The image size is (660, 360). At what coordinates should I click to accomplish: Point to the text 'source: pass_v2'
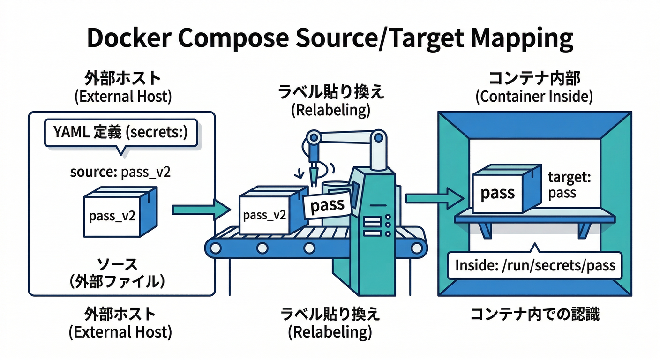point(120,172)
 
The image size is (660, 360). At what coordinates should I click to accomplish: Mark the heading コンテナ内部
point(534,77)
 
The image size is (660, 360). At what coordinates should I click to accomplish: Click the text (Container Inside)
point(534,97)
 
